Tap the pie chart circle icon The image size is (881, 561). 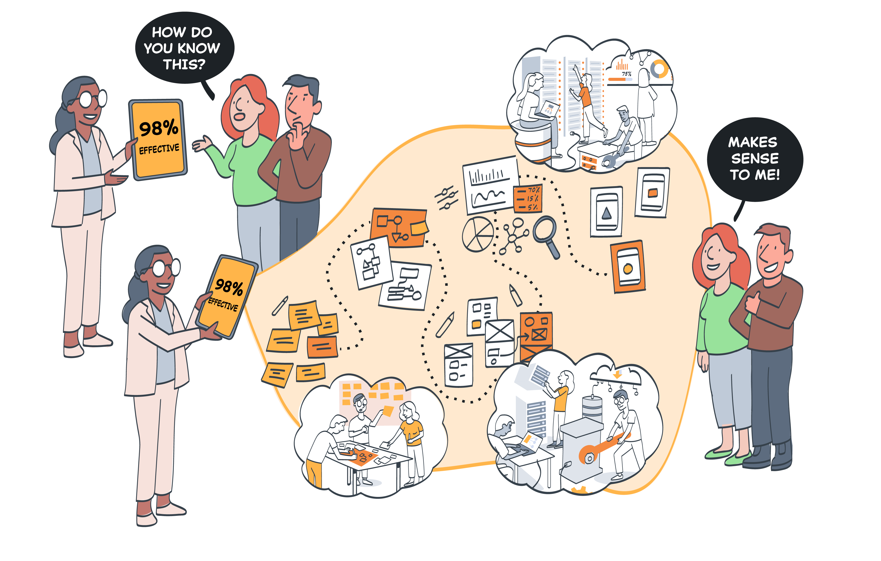pos(478,234)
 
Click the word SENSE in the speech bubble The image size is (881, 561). pos(754,158)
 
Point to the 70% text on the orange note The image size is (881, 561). pos(533,190)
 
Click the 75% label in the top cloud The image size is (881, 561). pos(626,74)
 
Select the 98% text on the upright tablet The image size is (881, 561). pos(158,128)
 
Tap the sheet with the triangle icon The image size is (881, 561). pos(606,211)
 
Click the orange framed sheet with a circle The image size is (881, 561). pos(627,266)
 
